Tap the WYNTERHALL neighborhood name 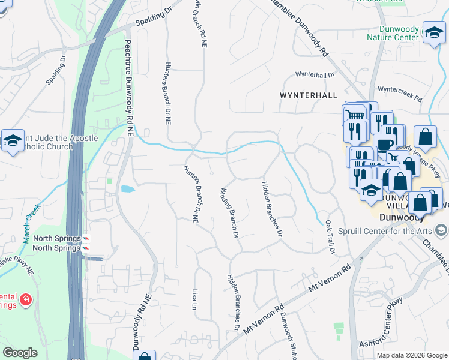(304, 95)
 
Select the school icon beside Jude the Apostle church (13, 141)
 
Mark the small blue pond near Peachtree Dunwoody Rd (127, 189)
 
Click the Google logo (20, 353)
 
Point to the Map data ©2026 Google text (412, 355)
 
